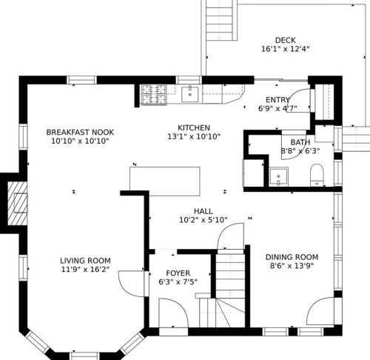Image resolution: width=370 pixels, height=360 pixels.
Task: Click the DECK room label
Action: (x=285, y=40)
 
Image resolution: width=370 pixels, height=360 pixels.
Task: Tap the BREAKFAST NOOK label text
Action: (x=80, y=133)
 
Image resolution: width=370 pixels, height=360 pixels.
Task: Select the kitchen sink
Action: (x=190, y=94)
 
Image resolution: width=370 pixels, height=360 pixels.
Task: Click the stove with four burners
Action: (x=154, y=94)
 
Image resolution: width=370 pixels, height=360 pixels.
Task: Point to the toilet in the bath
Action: (x=317, y=175)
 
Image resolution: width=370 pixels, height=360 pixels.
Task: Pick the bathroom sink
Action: (x=278, y=176)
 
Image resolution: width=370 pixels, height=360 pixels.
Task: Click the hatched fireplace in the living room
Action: (x=17, y=204)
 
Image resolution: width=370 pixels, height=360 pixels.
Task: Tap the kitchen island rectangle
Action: (x=165, y=181)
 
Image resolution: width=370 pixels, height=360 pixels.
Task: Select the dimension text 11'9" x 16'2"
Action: (x=85, y=270)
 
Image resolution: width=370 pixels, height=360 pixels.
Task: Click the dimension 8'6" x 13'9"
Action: (x=292, y=266)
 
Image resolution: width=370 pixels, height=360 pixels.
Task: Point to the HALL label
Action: (x=203, y=211)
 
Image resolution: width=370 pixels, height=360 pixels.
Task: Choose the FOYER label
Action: (x=178, y=273)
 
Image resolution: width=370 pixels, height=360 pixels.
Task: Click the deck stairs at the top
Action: (x=220, y=20)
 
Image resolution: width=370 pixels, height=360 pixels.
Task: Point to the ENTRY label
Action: (x=277, y=100)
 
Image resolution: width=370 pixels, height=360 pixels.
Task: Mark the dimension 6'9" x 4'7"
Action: (x=277, y=108)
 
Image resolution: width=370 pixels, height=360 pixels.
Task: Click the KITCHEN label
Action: (x=194, y=128)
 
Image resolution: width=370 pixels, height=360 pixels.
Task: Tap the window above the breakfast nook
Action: (x=81, y=80)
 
